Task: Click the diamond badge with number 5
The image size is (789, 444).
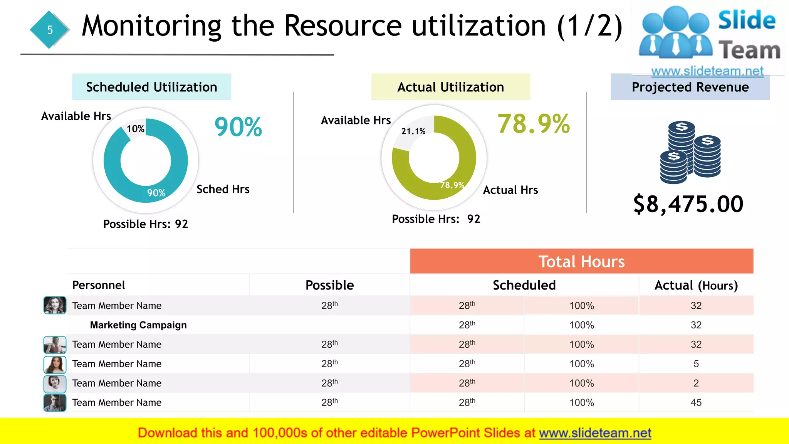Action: [x=50, y=30]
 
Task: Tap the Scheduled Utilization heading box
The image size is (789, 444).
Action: [x=151, y=87]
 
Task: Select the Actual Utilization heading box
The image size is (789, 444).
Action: [x=450, y=87]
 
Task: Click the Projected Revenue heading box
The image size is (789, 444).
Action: [x=690, y=87]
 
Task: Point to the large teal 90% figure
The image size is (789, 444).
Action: [x=238, y=127]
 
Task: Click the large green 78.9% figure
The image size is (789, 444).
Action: [x=533, y=124]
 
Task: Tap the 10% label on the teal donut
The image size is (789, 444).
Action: [x=136, y=129]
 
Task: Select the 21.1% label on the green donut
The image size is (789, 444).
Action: [x=413, y=131]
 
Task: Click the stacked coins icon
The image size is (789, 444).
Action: [x=690, y=152]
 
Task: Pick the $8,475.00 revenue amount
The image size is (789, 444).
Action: [x=688, y=204]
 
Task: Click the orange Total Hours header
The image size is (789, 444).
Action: [x=581, y=262]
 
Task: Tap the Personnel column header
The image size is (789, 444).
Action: [x=99, y=285]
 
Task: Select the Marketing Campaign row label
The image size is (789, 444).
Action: [x=138, y=325]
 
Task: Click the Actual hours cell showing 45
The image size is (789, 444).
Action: [x=696, y=403]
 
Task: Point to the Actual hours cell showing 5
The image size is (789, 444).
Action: [x=696, y=364]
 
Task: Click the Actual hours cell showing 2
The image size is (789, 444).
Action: [x=696, y=383]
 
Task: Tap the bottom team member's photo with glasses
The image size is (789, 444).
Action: [x=55, y=403]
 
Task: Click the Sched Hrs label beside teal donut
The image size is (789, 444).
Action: [x=223, y=189]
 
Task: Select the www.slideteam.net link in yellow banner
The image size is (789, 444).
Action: [x=595, y=433]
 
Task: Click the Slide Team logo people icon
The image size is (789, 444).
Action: [x=675, y=33]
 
